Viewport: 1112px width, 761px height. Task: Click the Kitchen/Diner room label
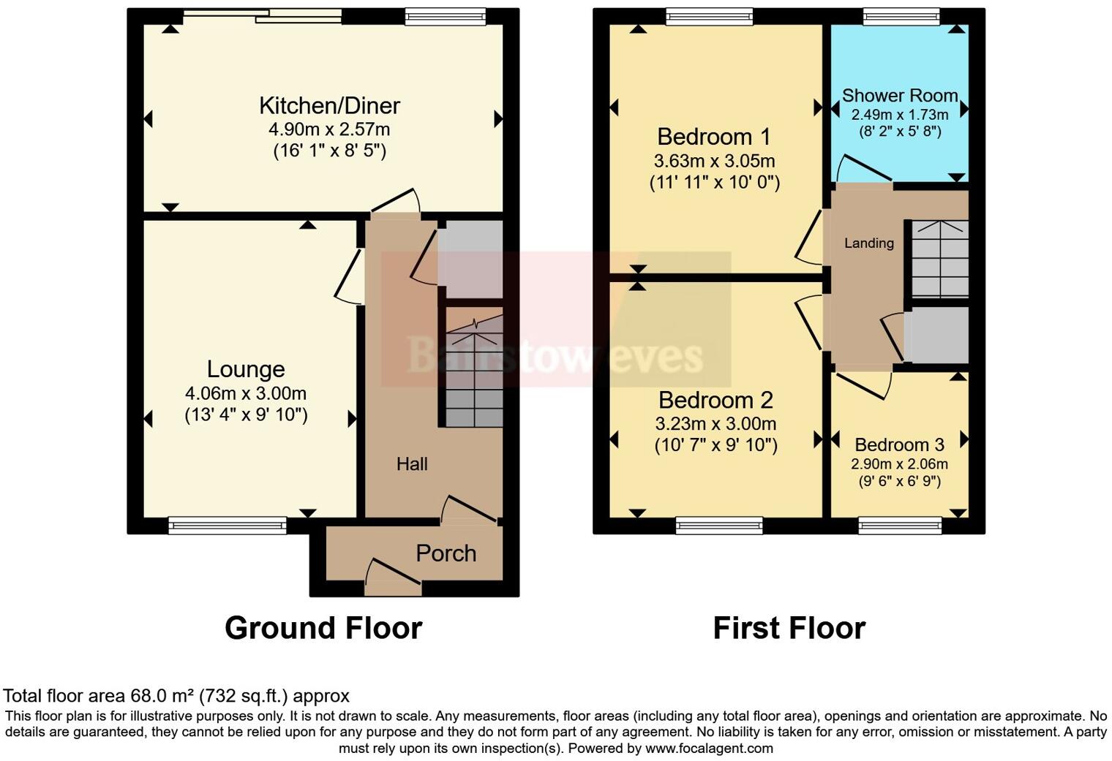[x=329, y=105]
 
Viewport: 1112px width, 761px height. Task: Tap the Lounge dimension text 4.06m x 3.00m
[x=246, y=393]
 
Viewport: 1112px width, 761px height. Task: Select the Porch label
[x=446, y=553]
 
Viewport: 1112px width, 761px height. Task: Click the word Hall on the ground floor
[x=412, y=464]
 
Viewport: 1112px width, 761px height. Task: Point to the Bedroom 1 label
[x=714, y=137]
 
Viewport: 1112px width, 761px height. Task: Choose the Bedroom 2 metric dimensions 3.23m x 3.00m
[x=715, y=424]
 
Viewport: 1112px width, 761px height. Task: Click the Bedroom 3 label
[x=899, y=444]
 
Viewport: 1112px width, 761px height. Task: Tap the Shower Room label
[x=900, y=96]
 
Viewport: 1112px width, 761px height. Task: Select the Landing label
[x=869, y=243]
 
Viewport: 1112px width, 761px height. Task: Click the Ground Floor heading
[x=323, y=628]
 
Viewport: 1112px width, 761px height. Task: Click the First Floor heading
[x=789, y=628]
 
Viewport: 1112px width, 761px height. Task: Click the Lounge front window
[x=228, y=524]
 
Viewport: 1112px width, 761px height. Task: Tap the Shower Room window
[x=901, y=16]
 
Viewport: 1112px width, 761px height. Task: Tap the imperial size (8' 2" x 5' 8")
[x=900, y=132]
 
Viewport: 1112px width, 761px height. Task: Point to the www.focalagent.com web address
[x=708, y=749]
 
